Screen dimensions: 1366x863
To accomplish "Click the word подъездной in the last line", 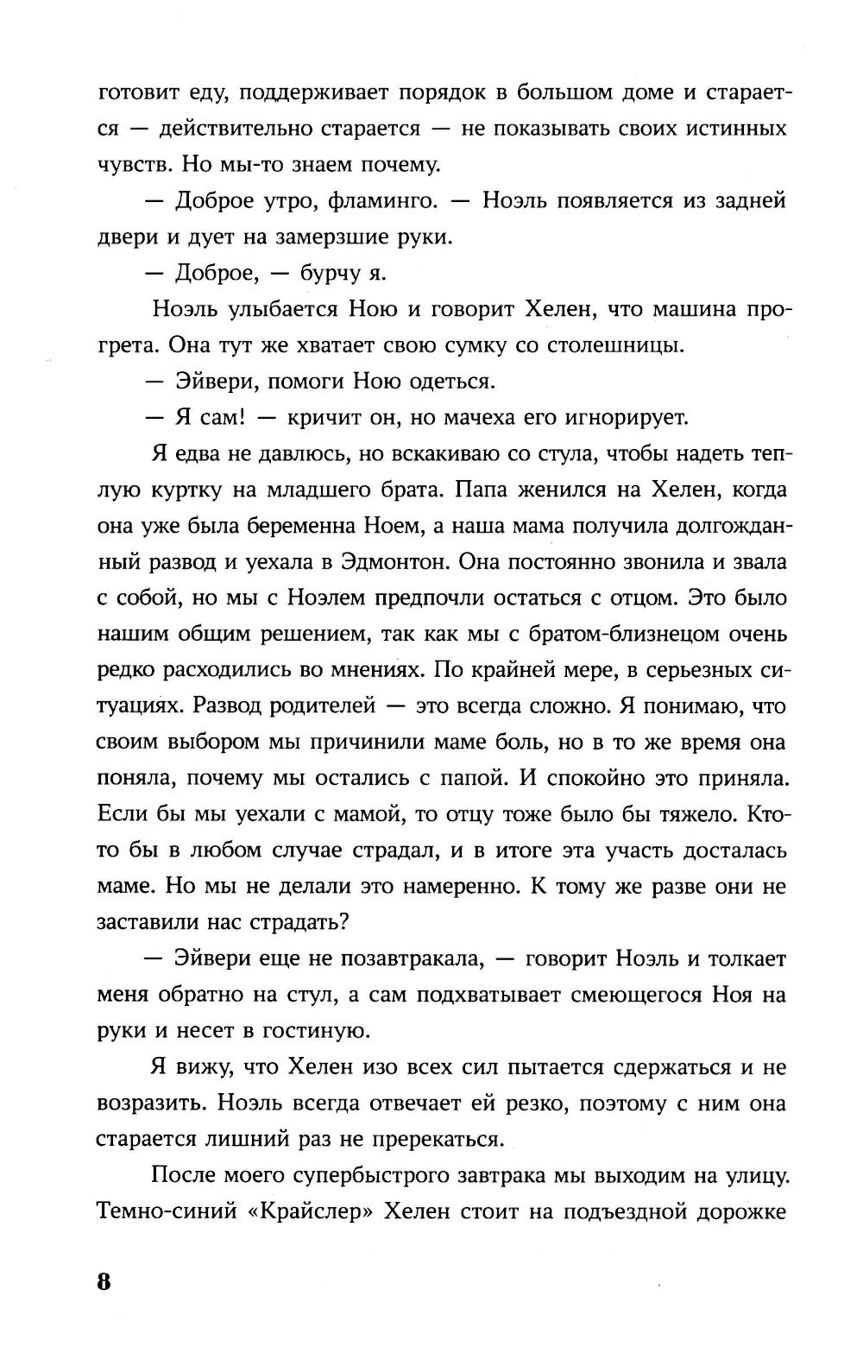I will point(632,1211).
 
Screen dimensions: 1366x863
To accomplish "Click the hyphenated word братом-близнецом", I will point(595,635).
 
